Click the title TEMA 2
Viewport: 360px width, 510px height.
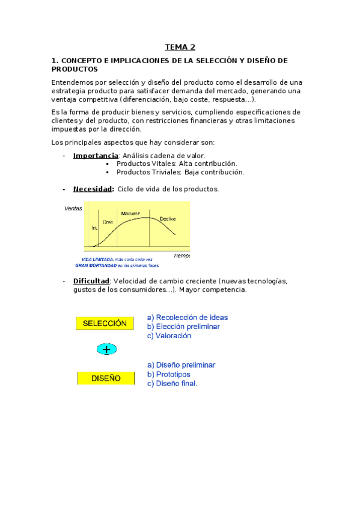(180, 47)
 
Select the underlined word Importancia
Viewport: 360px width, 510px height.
(96, 156)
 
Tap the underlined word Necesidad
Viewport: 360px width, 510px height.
(93, 189)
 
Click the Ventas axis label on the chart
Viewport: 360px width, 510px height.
(73, 208)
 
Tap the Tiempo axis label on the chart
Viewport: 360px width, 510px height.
(181, 255)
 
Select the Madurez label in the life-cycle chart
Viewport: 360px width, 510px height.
(130, 214)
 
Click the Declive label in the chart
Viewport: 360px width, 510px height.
(168, 219)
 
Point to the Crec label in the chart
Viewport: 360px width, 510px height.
(108, 222)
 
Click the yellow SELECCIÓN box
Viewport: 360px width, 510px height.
(105, 323)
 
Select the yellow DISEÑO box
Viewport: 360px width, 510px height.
(105, 378)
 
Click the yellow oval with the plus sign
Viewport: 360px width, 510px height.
(106, 349)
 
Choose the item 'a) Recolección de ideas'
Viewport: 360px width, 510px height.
(188, 318)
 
